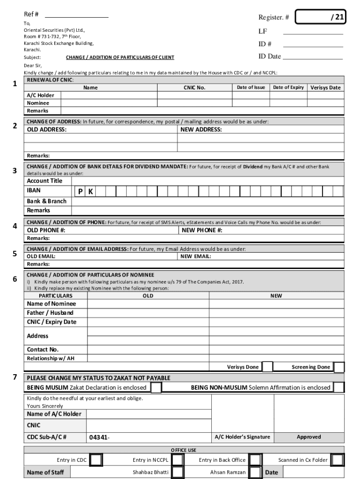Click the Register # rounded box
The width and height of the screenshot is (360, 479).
tap(321, 18)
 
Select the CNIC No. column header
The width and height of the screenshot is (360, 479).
tap(194, 87)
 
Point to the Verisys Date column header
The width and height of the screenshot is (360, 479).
tap(325, 87)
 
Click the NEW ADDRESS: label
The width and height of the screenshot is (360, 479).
tap(202, 130)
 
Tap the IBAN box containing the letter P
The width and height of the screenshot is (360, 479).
tap(80, 191)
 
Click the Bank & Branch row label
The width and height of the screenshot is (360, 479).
tap(47, 201)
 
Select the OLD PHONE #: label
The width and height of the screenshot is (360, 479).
tap(46, 230)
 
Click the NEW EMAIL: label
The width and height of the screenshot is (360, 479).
tap(195, 256)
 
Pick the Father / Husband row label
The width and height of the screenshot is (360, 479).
tap(50, 312)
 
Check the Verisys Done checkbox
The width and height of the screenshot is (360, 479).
tap(267, 367)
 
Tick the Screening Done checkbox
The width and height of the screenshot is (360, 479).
tap(339, 367)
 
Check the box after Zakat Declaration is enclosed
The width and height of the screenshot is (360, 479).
tap(156, 387)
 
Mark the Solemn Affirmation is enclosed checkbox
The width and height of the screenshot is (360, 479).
tap(339, 387)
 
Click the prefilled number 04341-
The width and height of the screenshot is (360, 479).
tap(99, 437)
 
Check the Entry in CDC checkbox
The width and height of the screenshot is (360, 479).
tap(96, 460)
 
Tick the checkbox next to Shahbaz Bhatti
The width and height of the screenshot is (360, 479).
tap(177, 472)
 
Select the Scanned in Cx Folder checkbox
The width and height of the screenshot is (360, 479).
tap(337, 460)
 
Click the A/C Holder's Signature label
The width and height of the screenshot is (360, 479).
tap(242, 437)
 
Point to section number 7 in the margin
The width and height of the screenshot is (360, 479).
tap(15, 377)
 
